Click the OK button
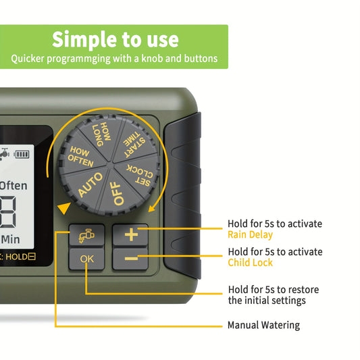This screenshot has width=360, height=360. tap(86, 259)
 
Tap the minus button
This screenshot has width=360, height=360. tap(130, 259)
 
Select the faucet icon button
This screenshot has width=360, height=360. tap(86, 235)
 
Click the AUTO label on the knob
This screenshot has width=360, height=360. tap(90, 184)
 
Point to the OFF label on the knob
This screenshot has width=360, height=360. tap(118, 193)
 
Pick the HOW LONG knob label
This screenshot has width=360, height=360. tap(102, 134)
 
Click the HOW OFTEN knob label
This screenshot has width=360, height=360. tap(80, 156)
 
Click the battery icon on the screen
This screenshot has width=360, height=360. tap(22, 154)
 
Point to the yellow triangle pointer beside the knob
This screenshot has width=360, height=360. tap(64, 208)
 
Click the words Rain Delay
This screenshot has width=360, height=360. tap(250, 234)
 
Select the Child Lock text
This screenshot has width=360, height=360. tap(250, 263)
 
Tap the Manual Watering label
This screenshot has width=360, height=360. tap(263, 326)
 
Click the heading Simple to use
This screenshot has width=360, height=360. tap(115, 40)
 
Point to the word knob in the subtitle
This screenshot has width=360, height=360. tap(151, 59)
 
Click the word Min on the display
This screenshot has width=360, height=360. tap(11, 240)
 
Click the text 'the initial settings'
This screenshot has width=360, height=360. tap(267, 301)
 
